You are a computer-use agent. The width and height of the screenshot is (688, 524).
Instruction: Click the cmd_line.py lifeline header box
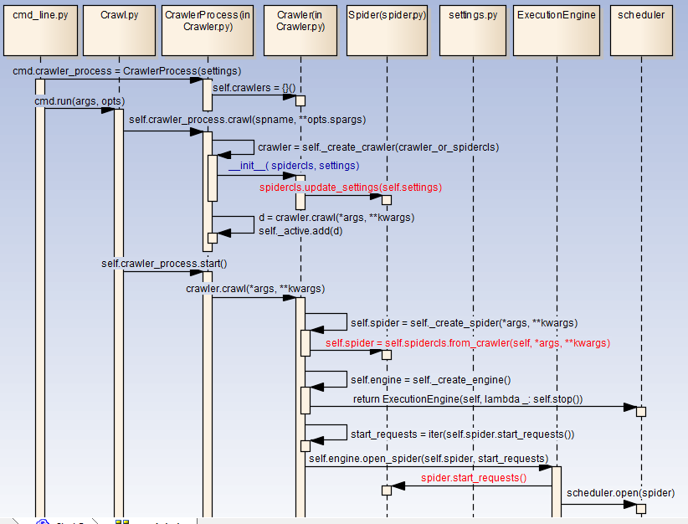pyautogui.click(x=39, y=28)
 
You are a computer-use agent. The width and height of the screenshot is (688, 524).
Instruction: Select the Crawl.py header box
pyautogui.click(x=118, y=28)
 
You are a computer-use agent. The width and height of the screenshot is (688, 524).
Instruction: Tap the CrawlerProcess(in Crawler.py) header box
pyautogui.click(x=207, y=28)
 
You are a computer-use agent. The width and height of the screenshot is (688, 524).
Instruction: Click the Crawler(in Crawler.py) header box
pyautogui.click(x=300, y=28)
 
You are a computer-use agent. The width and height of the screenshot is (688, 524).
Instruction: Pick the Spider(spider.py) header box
pyautogui.click(x=387, y=28)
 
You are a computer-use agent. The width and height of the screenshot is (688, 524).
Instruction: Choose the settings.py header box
pyautogui.click(x=472, y=28)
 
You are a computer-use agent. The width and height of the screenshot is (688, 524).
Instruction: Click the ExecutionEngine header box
pyautogui.click(x=557, y=28)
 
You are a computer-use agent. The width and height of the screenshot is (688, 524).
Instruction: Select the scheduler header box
pyautogui.click(x=641, y=28)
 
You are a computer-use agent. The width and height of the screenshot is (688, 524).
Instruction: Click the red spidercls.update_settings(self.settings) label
pyautogui.click(x=350, y=188)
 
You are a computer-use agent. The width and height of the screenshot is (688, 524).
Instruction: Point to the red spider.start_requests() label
pyautogui.click(x=473, y=478)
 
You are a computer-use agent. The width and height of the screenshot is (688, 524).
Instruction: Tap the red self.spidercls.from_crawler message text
pyautogui.click(x=467, y=343)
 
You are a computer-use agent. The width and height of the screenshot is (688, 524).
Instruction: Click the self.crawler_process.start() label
pyautogui.click(x=164, y=264)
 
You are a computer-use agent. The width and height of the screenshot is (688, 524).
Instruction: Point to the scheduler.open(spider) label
pyautogui.click(x=620, y=493)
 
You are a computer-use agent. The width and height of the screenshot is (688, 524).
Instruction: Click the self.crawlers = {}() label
pyautogui.click(x=254, y=88)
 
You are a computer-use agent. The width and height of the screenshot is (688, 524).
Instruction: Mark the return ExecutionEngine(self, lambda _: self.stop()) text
pyautogui.click(x=467, y=399)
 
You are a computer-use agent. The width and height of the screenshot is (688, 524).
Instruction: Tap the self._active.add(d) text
pyautogui.click(x=300, y=230)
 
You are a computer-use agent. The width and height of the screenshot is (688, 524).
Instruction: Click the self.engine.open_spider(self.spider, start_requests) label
pyautogui.click(x=428, y=459)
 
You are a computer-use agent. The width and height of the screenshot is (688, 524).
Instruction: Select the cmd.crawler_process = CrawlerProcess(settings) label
pyautogui.click(x=126, y=71)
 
